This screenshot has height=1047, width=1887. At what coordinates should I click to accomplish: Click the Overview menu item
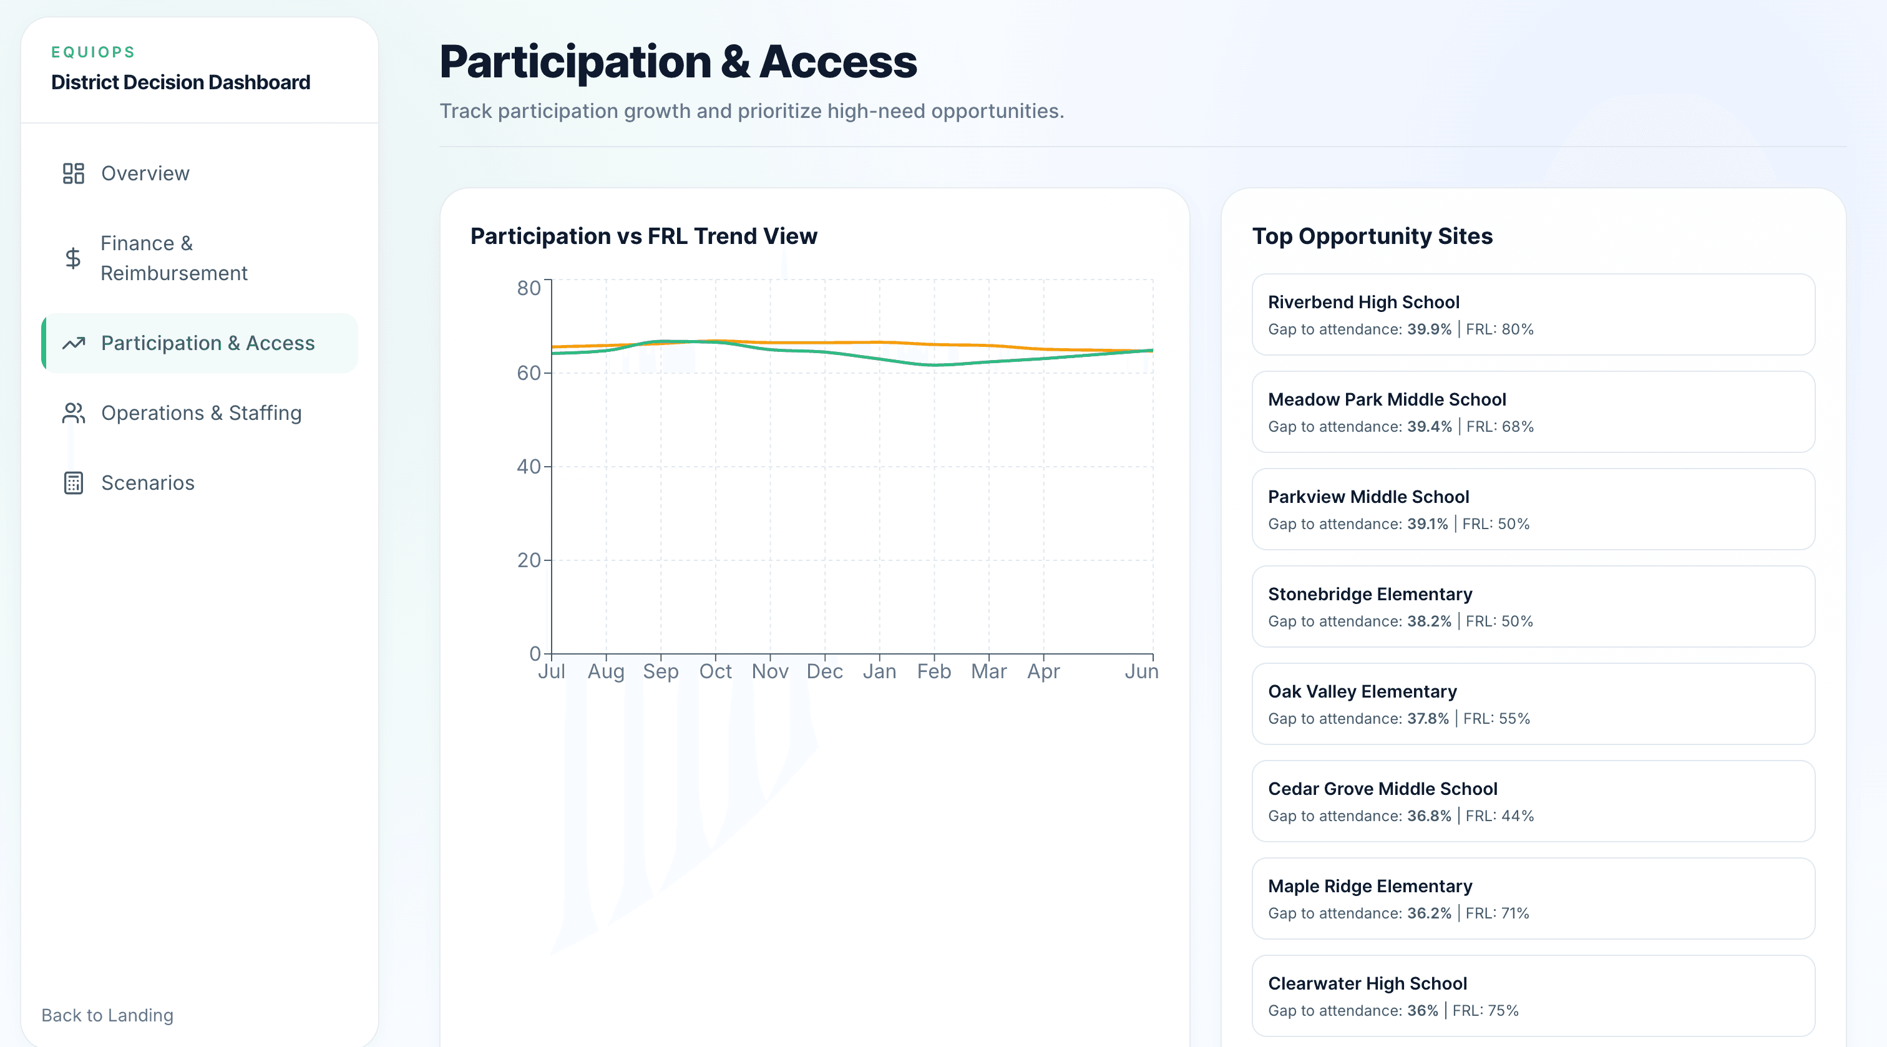click(x=145, y=173)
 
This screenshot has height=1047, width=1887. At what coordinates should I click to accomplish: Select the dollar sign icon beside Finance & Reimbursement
click(x=73, y=258)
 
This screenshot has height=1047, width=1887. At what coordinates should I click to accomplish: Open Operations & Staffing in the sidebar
click(x=201, y=413)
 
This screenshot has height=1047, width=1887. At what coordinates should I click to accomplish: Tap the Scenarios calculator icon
click(x=73, y=483)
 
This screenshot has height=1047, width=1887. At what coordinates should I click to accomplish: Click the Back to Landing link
click(x=107, y=1015)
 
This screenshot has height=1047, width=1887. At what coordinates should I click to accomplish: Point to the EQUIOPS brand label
click(x=93, y=52)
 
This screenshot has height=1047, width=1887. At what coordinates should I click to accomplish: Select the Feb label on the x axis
click(x=934, y=671)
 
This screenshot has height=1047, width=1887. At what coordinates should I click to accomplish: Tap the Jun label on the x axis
click(x=1141, y=671)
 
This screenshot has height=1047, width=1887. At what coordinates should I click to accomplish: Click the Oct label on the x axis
click(x=715, y=671)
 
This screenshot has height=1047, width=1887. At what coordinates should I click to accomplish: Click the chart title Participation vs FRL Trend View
click(x=643, y=236)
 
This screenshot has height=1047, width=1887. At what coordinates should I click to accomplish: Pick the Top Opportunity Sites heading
click(x=1372, y=236)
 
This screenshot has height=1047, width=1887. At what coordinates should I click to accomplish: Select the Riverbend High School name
click(x=1363, y=302)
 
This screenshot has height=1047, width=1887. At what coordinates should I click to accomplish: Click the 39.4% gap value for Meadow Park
click(x=1429, y=426)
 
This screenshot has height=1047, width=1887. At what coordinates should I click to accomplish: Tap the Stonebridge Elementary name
click(x=1370, y=594)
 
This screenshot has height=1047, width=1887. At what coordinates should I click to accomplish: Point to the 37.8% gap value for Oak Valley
click(x=1428, y=719)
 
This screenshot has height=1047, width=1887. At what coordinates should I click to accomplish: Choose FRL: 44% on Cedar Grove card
click(x=1499, y=816)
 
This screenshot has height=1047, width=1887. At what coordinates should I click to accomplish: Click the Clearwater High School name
click(x=1367, y=983)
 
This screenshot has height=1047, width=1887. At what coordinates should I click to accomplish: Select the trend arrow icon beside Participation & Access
click(x=73, y=343)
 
